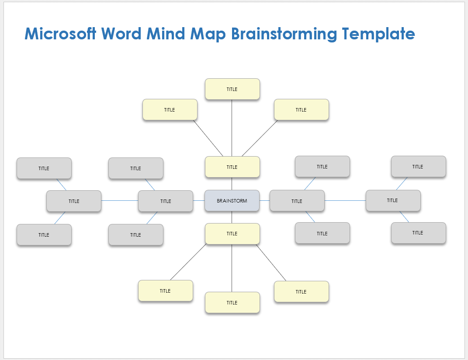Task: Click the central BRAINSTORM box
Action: [232, 201]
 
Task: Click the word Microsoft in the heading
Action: [60, 34]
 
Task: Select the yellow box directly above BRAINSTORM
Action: [232, 167]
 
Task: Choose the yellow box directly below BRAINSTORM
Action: [232, 234]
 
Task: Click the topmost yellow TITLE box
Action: [232, 89]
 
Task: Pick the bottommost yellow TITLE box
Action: [232, 303]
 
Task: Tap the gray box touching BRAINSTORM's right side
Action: [297, 201]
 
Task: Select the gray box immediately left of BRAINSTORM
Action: [165, 201]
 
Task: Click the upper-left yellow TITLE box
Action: [170, 110]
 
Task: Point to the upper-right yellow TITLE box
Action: [301, 110]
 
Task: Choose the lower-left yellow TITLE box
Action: [165, 291]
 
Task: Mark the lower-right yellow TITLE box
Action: [301, 292]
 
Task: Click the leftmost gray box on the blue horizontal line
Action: [74, 201]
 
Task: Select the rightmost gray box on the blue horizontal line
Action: [393, 200]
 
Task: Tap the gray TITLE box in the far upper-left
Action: [44, 168]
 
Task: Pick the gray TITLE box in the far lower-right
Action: [418, 233]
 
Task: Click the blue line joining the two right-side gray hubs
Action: [345, 200]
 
